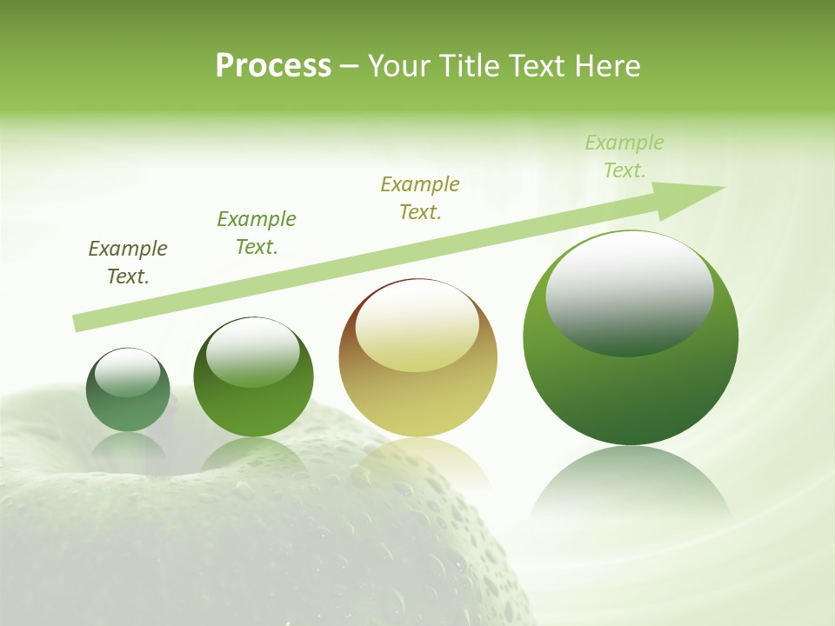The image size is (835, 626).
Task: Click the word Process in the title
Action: coord(273,66)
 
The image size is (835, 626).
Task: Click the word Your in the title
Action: coord(397,66)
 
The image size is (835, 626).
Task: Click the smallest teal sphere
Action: coord(128,404)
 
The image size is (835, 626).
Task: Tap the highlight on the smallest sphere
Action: coord(128,372)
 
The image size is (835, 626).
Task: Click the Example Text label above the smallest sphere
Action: coord(128,263)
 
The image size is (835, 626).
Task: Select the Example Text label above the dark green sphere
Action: coord(257,233)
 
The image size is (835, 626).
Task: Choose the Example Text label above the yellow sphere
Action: coord(420,198)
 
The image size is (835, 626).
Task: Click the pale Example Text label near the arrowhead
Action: coord(625,156)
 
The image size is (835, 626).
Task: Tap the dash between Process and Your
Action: coord(349,66)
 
